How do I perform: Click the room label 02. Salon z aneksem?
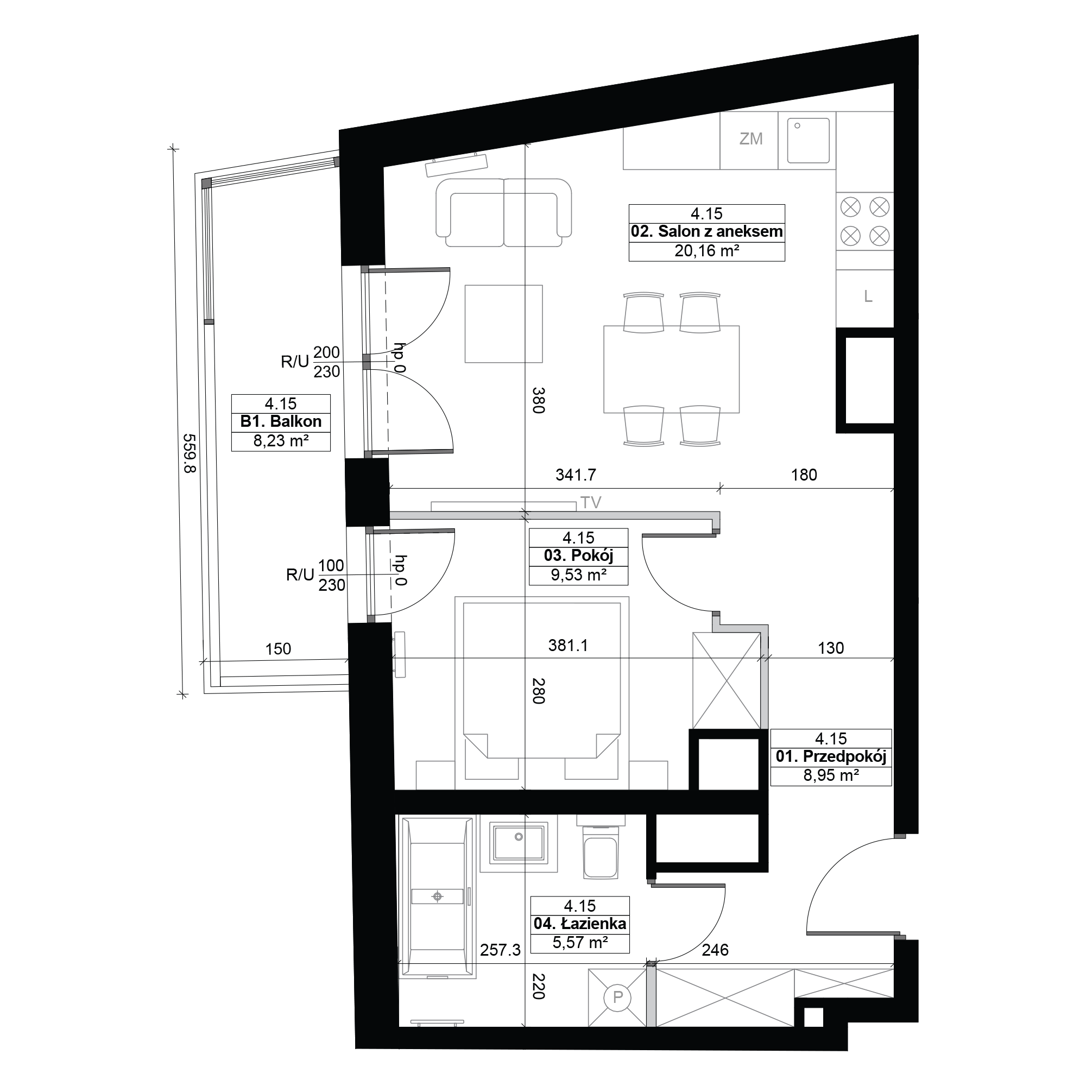coord(706,232)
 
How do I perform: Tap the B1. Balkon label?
coord(281,421)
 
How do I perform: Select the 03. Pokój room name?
coord(578,556)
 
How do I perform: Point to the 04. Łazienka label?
coord(580,924)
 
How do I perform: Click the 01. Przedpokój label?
coord(831,756)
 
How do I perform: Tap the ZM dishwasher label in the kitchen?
coord(751,139)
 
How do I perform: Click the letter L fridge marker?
coord(868,297)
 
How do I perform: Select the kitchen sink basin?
coord(809,141)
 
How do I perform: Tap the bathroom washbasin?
coord(519,843)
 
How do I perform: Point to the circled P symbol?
coord(618,997)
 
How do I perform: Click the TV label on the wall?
coord(591,502)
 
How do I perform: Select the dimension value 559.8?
coord(190,452)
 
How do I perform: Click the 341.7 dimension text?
coord(576,475)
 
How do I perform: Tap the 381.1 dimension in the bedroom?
coord(568,645)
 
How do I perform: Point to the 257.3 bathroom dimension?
coord(500,950)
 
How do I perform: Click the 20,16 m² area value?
coord(706,251)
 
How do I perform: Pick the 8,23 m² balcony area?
coord(281,441)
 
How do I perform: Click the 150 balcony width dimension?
coord(278,649)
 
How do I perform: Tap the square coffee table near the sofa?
coord(504,324)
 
